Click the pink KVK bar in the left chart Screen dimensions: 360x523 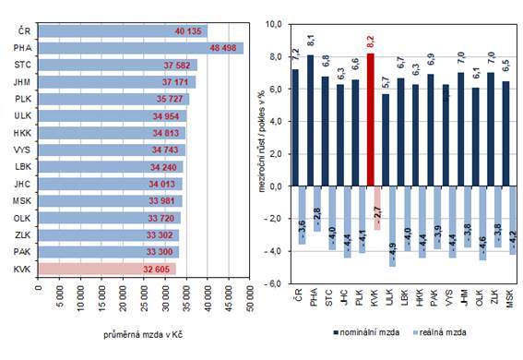tap(106, 268)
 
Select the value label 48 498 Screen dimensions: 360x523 tap(226, 48)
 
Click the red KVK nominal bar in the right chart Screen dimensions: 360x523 tap(372, 119)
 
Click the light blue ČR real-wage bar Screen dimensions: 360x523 tap(295, 214)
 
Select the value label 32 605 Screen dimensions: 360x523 tap(152, 268)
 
